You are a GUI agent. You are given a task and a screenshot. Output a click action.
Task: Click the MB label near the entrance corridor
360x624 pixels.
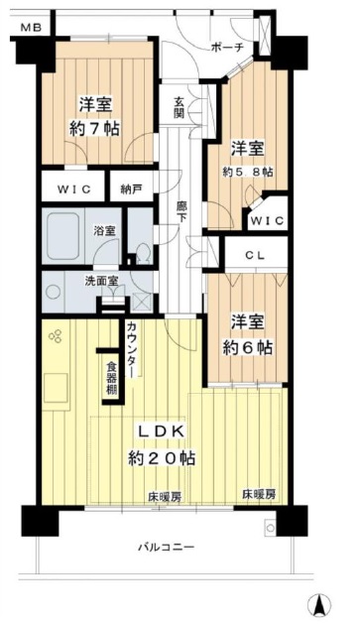(x=31, y=28)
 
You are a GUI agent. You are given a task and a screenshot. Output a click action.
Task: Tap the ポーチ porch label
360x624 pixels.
(x=227, y=49)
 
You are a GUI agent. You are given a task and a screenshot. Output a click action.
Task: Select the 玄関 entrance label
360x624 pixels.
(x=179, y=107)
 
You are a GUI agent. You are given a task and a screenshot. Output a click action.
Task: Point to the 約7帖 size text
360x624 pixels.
(x=94, y=129)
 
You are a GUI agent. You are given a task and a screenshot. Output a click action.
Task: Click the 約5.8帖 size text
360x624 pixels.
(x=247, y=172)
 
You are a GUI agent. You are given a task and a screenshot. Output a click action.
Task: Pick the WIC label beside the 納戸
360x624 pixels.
(x=73, y=188)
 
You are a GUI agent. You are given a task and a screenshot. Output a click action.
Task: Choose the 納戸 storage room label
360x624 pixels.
(x=131, y=188)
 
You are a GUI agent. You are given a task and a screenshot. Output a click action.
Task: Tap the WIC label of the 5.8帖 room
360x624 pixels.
(x=268, y=220)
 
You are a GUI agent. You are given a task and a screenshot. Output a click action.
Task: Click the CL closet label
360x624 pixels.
(x=255, y=256)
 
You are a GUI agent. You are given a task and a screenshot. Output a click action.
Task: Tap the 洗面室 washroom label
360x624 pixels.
(x=101, y=281)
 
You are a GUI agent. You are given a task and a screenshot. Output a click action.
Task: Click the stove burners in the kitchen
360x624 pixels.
(x=56, y=336)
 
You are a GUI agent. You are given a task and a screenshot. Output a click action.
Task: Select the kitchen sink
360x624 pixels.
(x=57, y=387)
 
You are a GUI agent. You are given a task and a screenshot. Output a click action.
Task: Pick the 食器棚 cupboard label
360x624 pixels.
(x=112, y=378)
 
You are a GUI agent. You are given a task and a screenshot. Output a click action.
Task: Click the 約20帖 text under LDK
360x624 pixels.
(x=161, y=459)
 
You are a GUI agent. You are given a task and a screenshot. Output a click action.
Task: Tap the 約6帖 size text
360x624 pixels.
(x=247, y=348)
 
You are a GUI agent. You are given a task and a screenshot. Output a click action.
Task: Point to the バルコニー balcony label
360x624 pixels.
(x=167, y=547)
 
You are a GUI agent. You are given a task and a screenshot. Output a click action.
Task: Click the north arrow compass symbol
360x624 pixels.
(x=319, y=604)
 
